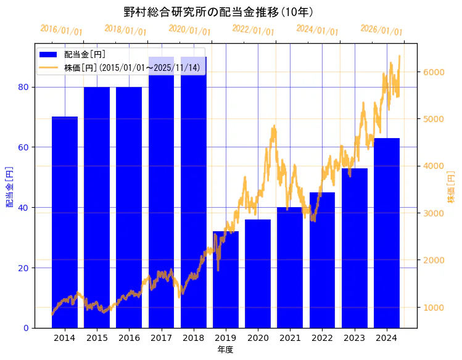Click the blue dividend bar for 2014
(x=65, y=222)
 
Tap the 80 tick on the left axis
(x=24, y=87)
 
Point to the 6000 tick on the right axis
(x=433, y=72)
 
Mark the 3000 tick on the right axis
(x=433, y=213)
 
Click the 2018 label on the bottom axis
(x=193, y=338)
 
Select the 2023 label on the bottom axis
(x=354, y=338)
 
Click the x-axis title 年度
(x=225, y=350)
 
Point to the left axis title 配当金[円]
(x=9, y=186)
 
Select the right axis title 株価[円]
(x=451, y=187)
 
